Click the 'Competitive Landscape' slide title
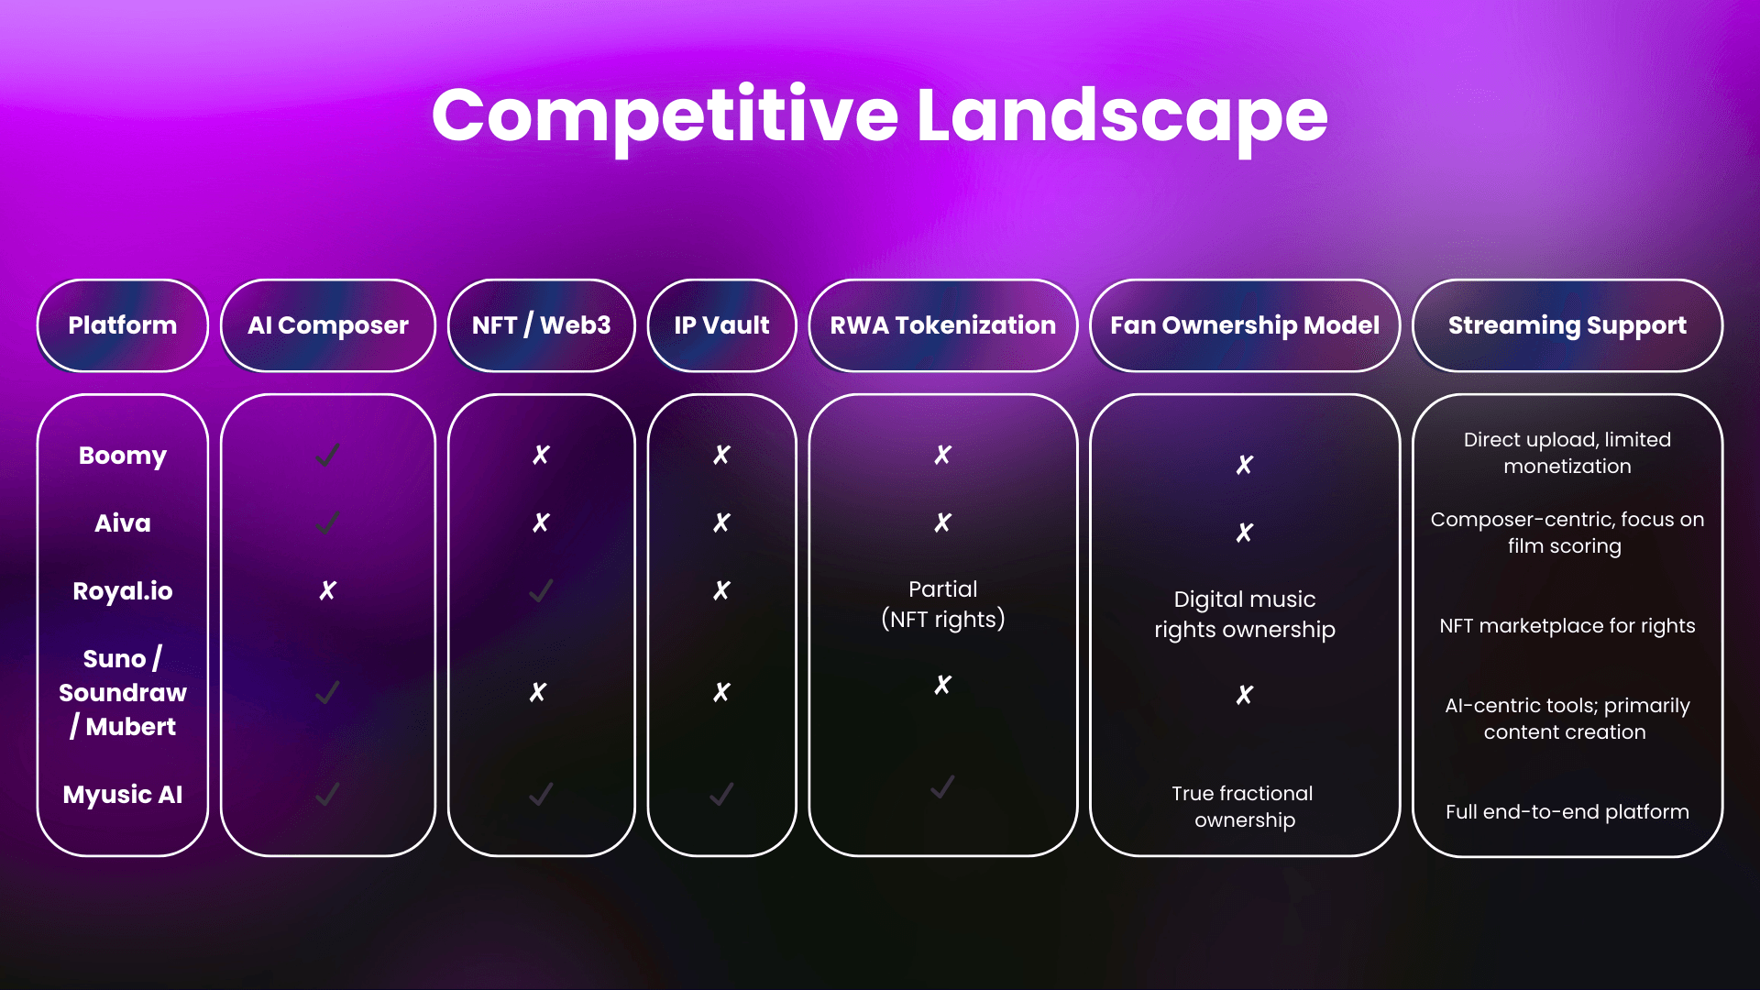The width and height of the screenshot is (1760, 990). (880, 116)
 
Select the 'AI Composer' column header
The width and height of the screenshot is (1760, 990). (328, 325)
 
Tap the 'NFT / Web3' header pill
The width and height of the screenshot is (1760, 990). (542, 325)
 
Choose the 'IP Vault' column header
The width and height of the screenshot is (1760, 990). (722, 325)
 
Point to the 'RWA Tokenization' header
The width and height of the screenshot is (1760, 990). (943, 325)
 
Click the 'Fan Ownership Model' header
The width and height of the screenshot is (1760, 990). (1245, 325)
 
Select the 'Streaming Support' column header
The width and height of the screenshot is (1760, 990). (1567, 325)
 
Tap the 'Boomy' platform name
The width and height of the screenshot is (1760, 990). (123, 456)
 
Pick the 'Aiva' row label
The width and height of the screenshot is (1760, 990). (123, 523)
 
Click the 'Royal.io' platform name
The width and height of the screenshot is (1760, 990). (123, 591)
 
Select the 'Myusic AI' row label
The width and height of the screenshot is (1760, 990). (123, 795)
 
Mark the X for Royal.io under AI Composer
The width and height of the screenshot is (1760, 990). (327, 591)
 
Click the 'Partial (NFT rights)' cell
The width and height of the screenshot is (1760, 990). (943, 604)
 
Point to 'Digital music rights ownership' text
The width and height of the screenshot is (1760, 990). (1245, 614)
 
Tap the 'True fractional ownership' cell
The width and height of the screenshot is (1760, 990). (1244, 807)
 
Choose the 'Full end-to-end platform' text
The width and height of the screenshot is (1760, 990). (1567, 812)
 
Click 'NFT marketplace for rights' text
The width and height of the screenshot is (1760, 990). (1567, 626)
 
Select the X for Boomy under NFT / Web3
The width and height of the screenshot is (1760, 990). (541, 456)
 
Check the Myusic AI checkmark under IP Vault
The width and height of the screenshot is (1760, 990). (721, 794)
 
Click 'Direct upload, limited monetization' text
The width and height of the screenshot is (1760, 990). (1567, 453)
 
